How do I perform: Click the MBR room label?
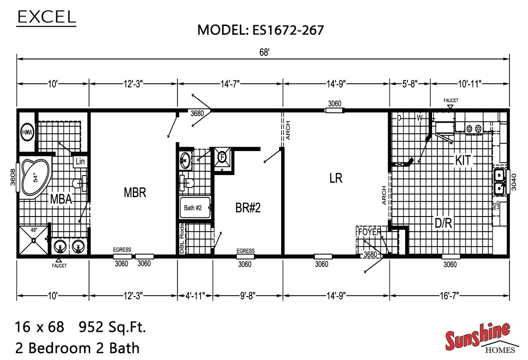click(x=135, y=193)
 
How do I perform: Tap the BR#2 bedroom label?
click(x=248, y=208)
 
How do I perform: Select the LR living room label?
click(x=335, y=178)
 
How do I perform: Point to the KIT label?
click(x=463, y=161)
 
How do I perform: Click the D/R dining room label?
click(x=443, y=223)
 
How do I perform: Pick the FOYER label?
click(x=369, y=232)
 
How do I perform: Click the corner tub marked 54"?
click(x=35, y=178)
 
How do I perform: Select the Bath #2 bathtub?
click(x=195, y=208)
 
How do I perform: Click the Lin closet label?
click(x=80, y=162)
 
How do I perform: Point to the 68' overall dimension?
click(x=264, y=52)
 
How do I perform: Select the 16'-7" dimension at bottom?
click(x=449, y=296)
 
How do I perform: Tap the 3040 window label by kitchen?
click(x=513, y=181)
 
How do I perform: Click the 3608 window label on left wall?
click(x=13, y=177)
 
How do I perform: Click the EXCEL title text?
click(x=46, y=17)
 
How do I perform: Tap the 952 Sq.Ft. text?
click(x=112, y=327)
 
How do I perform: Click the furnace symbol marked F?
click(x=222, y=157)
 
